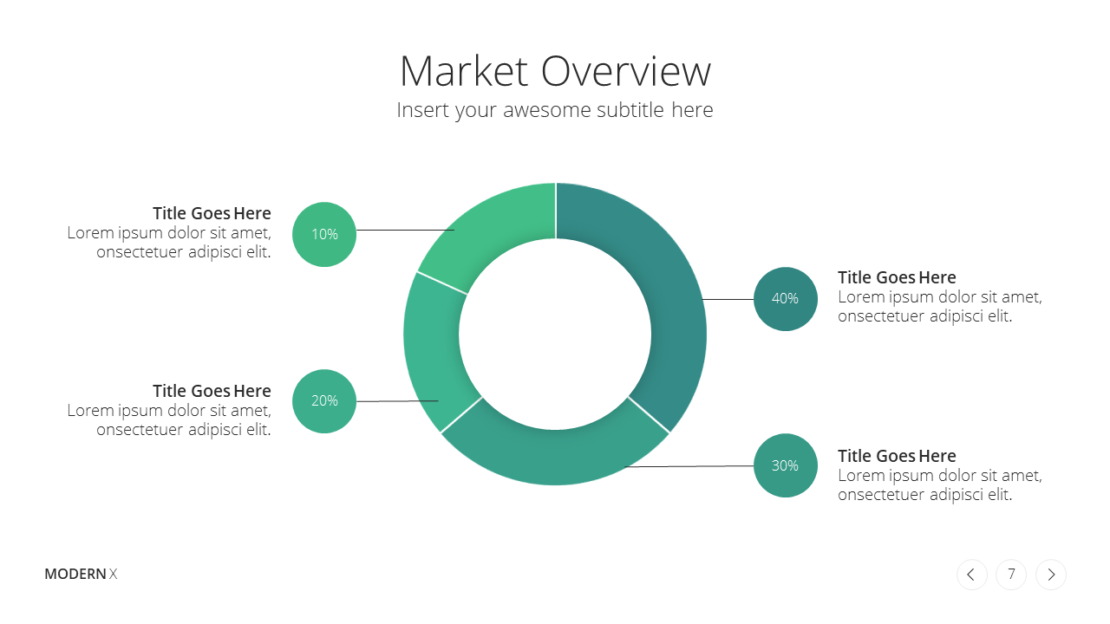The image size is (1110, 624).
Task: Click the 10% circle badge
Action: [x=324, y=234]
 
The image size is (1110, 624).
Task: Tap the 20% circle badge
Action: [x=324, y=401]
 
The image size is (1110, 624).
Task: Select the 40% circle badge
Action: [x=786, y=299]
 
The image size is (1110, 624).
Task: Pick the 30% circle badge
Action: [x=786, y=465]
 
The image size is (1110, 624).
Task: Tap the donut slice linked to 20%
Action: [x=432, y=352]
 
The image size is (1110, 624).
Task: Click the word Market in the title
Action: [x=464, y=71]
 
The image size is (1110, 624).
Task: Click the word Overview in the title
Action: [x=626, y=71]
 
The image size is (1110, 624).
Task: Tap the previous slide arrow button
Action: [x=972, y=575]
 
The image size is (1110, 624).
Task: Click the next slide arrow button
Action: [x=1050, y=575]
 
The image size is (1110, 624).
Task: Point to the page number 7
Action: [x=1011, y=574]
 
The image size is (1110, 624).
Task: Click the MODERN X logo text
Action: [x=81, y=574]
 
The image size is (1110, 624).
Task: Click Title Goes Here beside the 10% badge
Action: [x=212, y=213]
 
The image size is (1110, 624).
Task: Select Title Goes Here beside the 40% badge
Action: [x=897, y=277]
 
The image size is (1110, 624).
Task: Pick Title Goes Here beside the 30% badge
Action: [x=897, y=456]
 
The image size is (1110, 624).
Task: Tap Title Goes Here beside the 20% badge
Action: [x=212, y=391]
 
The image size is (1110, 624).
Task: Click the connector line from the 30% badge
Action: [x=689, y=466]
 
